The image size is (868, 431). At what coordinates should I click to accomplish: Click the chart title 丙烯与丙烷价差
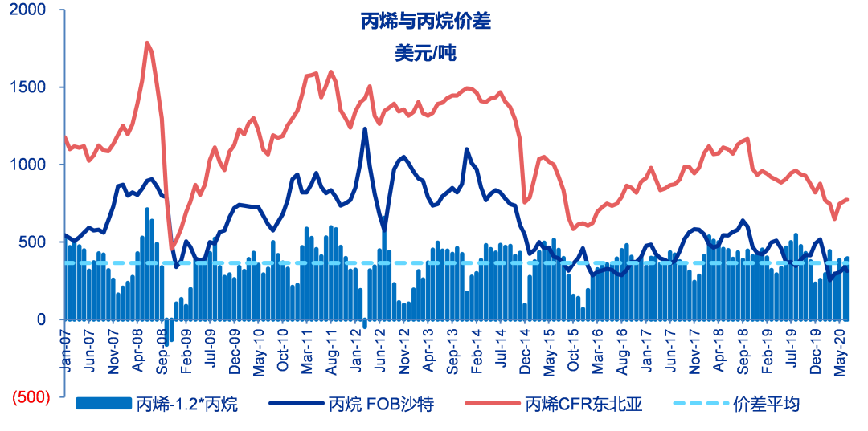[425, 22]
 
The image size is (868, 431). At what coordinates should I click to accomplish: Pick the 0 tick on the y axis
[48, 320]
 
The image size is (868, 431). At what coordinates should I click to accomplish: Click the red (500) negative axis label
[30, 396]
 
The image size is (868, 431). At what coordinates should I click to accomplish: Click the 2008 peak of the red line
[147, 43]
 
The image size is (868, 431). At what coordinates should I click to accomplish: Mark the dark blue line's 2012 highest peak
[365, 128]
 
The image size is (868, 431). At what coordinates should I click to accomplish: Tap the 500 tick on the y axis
[39, 242]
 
